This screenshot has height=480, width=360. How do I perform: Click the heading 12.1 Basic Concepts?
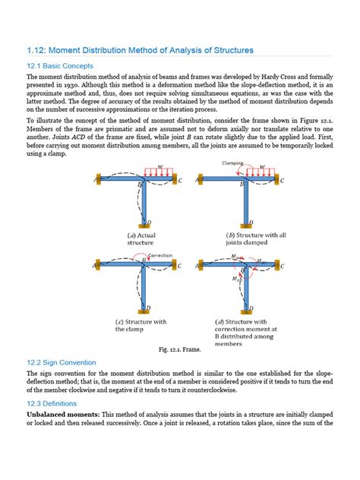pyautogui.click(x=61, y=65)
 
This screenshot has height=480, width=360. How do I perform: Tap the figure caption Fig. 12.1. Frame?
pyautogui.click(x=179, y=349)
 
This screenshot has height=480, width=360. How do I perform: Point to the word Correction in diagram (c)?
pyautogui.click(x=160, y=256)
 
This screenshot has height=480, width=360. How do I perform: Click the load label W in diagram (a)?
pyautogui.click(x=160, y=169)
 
